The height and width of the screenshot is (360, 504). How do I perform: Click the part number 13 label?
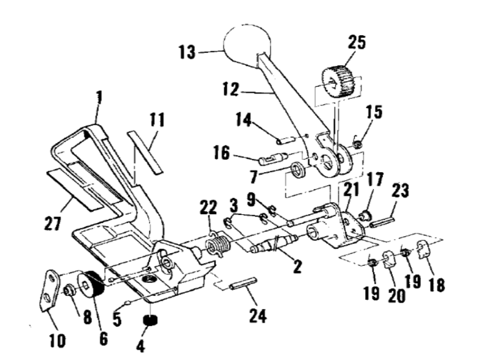pos(187,52)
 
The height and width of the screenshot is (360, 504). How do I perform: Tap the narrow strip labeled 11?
pos(145,152)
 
